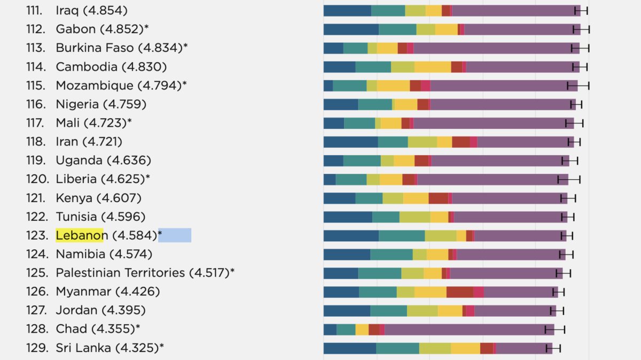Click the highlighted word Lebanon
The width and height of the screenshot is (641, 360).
pyautogui.click(x=80, y=235)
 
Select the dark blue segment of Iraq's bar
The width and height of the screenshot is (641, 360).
pyautogui.click(x=347, y=10)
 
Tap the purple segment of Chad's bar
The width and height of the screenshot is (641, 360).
pyautogui.click(x=465, y=329)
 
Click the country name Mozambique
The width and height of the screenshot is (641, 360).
pyautogui.click(x=95, y=86)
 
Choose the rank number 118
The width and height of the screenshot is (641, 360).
pyautogui.click(x=36, y=142)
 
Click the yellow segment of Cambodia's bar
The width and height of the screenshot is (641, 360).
pyautogui.click(x=433, y=67)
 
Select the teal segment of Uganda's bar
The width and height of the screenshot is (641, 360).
pyautogui.click(x=362, y=160)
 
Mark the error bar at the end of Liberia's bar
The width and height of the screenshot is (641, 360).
pyautogui.click(x=569, y=179)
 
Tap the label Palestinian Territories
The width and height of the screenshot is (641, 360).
pyautogui.click(x=120, y=273)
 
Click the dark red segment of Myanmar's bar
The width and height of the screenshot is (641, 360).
pyautogui.click(x=460, y=292)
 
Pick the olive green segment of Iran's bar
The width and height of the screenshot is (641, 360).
pyautogui.click(x=423, y=142)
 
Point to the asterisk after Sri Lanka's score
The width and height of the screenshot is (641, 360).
pyautogui.click(x=161, y=347)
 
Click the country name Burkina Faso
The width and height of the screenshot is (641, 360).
pyautogui.click(x=95, y=48)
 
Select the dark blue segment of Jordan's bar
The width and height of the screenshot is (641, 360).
pyautogui.click(x=347, y=310)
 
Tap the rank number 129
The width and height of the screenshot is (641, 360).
pyautogui.click(x=36, y=348)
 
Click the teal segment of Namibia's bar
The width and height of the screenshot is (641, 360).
pyautogui.click(x=392, y=254)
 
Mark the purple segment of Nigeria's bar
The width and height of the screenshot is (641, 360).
pyautogui.click(x=502, y=104)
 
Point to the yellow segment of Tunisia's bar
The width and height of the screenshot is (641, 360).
pyautogui.click(x=439, y=217)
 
